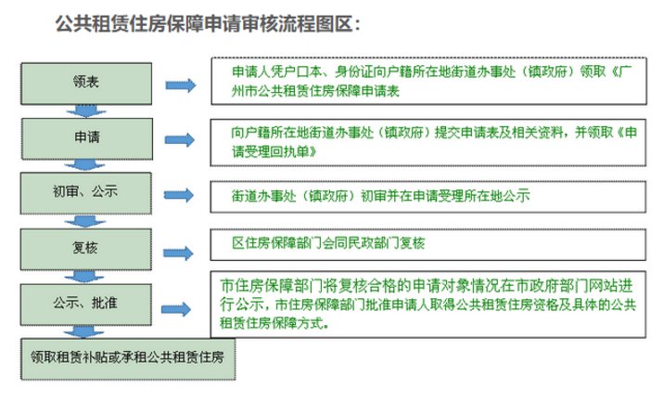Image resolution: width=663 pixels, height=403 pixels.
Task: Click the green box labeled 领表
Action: coord(86,84)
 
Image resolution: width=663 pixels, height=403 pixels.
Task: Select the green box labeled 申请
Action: coord(87,138)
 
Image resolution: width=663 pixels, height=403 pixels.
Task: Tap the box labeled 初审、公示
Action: coord(86,192)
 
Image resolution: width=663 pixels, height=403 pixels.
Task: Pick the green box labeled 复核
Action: coord(86,249)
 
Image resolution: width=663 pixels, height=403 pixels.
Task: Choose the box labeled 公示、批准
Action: coord(86,305)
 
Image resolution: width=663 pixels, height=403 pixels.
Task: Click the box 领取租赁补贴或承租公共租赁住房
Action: coord(128,358)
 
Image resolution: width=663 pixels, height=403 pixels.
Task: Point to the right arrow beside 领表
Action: coord(181,85)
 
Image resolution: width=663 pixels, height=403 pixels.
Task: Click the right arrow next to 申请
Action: coord(180,139)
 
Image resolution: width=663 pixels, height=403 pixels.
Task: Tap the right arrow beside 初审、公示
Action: coord(179,195)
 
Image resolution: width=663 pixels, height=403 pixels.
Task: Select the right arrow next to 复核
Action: coord(178,253)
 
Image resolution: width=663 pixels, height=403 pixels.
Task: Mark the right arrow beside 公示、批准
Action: coord(176,309)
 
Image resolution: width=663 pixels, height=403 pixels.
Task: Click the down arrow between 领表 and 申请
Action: coord(86,110)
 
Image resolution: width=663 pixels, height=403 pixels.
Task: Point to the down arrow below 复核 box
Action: coord(84,277)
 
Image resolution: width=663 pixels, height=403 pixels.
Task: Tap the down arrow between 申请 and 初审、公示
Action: coord(85,165)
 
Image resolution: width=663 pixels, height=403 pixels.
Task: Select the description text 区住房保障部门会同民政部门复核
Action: coord(328,243)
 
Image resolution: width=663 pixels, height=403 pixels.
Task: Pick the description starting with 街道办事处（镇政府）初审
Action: coord(380,196)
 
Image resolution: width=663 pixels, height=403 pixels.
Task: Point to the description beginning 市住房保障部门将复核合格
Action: coord(427,305)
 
